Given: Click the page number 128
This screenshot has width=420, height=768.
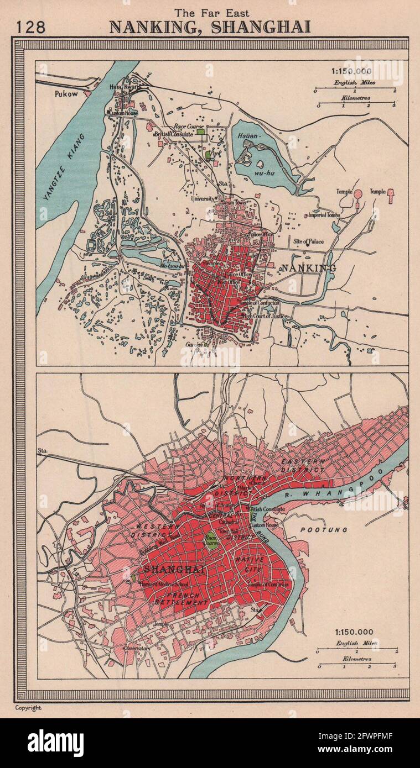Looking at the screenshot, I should [x=31, y=27].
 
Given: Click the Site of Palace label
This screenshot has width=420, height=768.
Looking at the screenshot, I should [x=309, y=241].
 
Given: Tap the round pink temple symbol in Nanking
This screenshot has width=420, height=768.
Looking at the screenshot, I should [x=357, y=194].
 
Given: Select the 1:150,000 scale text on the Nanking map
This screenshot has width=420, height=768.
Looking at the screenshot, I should [x=352, y=71].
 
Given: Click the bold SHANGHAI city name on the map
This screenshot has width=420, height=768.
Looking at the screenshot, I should [x=166, y=569].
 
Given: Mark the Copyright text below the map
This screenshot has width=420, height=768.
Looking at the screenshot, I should [x=28, y=708].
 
